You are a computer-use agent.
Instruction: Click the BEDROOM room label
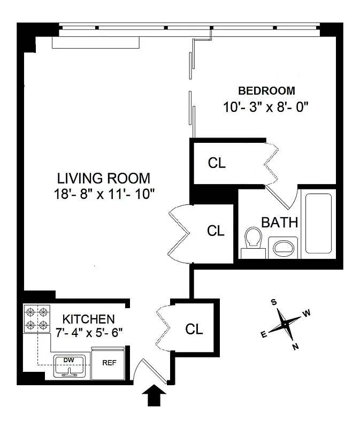click(x=266, y=90)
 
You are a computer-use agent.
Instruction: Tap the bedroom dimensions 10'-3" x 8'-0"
click(x=266, y=106)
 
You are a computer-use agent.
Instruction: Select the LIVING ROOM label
click(x=104, y=178)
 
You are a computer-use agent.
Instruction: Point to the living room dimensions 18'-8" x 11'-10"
click(x=104, y=194)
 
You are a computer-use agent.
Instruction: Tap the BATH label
click(x=279, y=222)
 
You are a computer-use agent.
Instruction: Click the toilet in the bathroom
click(x=252, y=239)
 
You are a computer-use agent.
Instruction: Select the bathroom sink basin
click(x=283, y=247)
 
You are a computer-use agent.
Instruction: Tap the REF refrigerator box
click(x=109, y=362)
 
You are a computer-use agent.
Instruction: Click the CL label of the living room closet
click(x=216, y=231)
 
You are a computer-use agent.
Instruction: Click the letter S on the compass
click(x=274, y=302)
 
